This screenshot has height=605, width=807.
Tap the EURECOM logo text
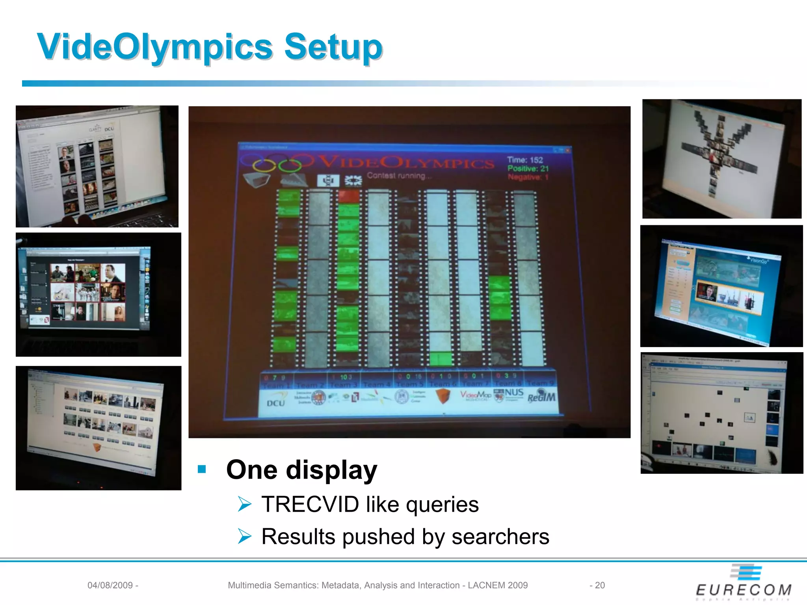pos(744,590)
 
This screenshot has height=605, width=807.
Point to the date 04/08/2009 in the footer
pos(110,585)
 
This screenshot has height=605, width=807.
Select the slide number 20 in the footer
pos(600,585)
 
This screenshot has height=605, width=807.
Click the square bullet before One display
pos(202,469)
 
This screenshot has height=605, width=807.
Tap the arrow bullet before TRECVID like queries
pos(244,504)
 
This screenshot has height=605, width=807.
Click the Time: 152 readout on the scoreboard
pos(525,160)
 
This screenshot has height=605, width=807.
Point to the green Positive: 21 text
pos(528,169)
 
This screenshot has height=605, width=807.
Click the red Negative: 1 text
pos(528,177)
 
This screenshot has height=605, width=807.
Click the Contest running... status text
pos(399,176)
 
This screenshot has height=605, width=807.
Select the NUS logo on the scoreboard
pos(513,393)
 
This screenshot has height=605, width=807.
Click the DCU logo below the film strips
pos(275,403)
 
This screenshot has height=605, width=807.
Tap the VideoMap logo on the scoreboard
pos(476,395)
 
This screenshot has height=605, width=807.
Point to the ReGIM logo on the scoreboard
pos(541,397)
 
